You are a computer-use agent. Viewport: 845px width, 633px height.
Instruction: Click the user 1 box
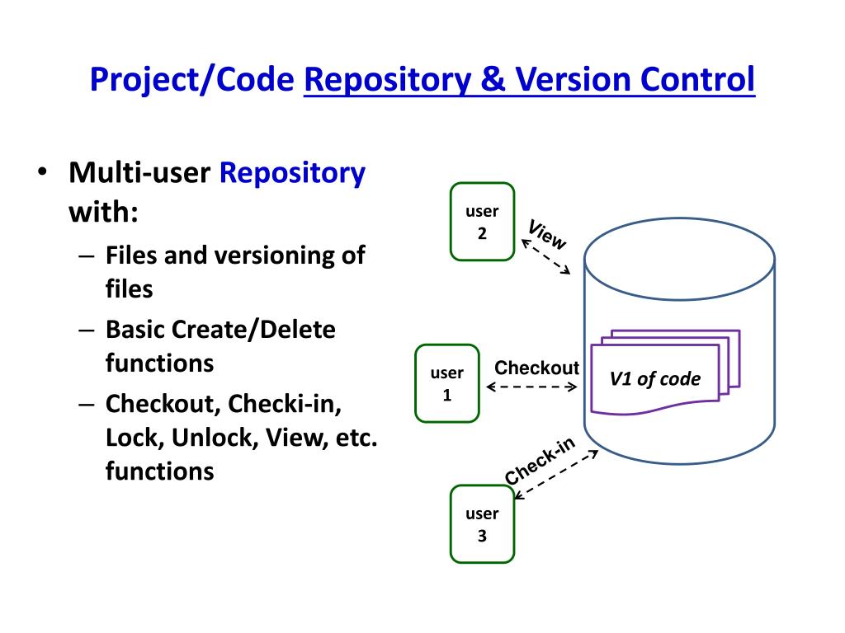[447, 383]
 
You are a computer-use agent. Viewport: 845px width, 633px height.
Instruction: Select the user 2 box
[482, 222]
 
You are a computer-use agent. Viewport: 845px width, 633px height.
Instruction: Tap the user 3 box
[482, 524]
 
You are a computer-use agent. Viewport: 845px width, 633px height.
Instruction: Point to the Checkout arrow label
[536, 368]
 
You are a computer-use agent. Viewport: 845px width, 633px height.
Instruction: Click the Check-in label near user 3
[540, 461]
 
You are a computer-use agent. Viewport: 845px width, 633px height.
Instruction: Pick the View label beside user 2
[547, 235]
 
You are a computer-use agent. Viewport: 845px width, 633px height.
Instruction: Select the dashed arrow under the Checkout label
[532, 387]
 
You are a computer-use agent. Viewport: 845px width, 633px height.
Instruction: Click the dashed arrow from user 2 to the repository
[546, 257]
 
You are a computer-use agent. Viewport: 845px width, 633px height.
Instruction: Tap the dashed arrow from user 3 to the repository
[556, 475]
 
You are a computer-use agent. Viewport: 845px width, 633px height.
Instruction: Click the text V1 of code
[654, 379]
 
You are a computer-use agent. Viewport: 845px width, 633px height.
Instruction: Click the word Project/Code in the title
[191, 80]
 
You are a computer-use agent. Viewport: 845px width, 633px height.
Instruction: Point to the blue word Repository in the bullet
[292, 174]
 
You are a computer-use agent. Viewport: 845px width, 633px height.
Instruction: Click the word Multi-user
[139, 173]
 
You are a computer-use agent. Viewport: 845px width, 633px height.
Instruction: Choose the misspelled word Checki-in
[285, 404]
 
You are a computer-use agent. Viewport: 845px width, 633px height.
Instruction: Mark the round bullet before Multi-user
[43, 171]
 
